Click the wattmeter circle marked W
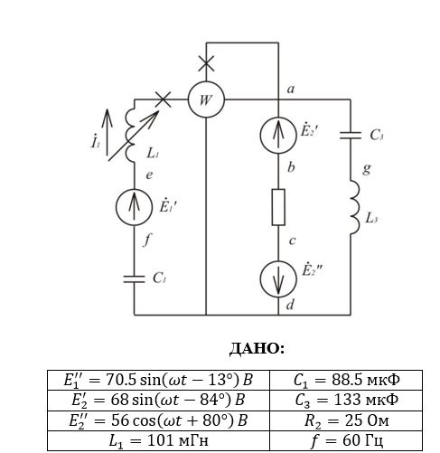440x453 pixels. pyautogui.click(x=206, y=99)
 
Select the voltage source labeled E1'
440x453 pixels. pyautogui.click(x=134, y=207)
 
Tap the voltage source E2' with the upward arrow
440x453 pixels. pyautogui.click(x=278, y=136)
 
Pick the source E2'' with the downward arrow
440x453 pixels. pyautogui.click(x=278, y=279)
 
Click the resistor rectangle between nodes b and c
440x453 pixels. pyautogui.click(x=278, y=207)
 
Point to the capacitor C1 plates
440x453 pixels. pyautogui.click(x=134, y=279)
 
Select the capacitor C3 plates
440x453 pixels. pyautogui.click(x=351, y=136)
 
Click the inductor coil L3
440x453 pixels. pyautogui.click(x=355, y=207)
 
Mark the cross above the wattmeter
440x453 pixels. pyautogui.click(x=206, y=63)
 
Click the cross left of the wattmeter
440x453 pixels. pyautogui.click(x=163, y=99)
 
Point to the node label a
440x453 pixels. pyautogui.click(x=290, y=90)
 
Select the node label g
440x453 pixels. pyautogui.click(x=367, y=169)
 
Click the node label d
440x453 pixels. pyautogui.click(x=290, y=305)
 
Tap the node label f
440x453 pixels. pyautogui.click(x=146, y=240)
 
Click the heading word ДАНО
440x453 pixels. pyautogui.click(x=257, y=349)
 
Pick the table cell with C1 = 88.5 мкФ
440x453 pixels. pyautogui.click(x=346, y=380)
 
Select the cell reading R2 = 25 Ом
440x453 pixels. pyautogui.click(x=346, y=420)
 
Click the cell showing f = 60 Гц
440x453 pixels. pyautogui.click(x=346, y=440)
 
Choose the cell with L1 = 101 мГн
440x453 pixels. pyautogui.click(x=158, y=440)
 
